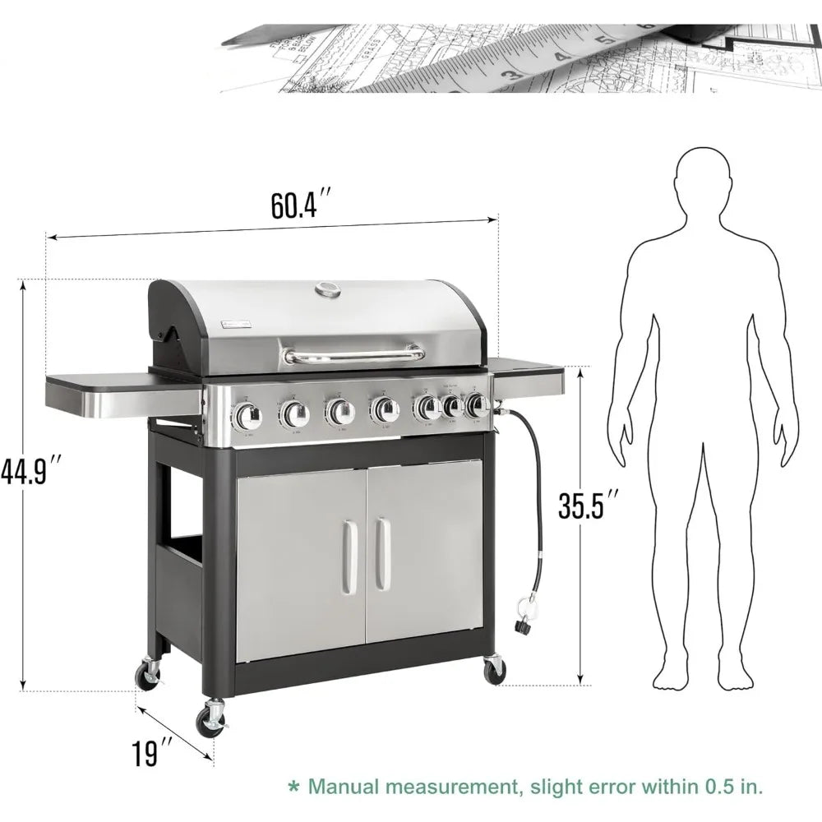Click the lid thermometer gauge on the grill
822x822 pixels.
pos(328,289)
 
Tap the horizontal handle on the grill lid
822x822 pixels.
pos(353,355)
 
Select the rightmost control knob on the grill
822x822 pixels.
pos(475,404)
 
